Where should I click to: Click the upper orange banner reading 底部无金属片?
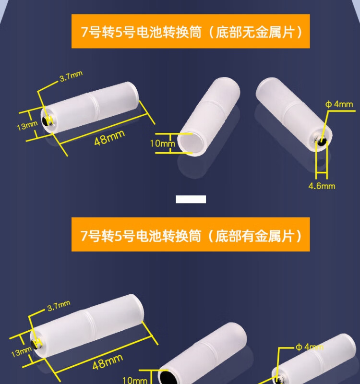[191, 31]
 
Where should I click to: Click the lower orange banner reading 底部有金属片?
[191, 234]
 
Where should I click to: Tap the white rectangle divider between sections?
[191, 199]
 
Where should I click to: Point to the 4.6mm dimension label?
[322, 186]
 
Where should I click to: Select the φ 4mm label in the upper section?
[339, 104]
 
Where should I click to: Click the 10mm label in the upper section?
[162, 143]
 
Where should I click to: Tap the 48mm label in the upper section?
[109, 138]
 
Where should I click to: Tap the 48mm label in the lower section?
[108, 362]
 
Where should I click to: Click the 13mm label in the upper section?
[27, 126]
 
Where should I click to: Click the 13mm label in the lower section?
[21, 352]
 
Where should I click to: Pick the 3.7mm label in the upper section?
[71, 76]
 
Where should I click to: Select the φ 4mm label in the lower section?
[310, 347]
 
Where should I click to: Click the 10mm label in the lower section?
[135, 380]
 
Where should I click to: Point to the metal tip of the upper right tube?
[321, 142]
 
